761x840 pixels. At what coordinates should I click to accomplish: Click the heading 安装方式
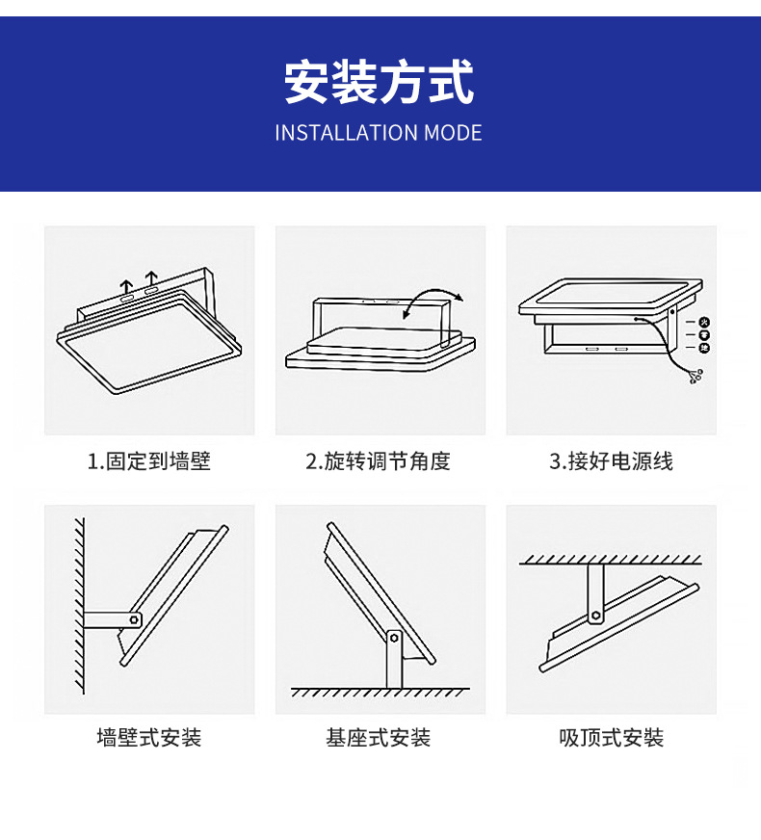click(x=380, y=82)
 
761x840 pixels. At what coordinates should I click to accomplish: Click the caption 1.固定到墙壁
click(x=149, y=461)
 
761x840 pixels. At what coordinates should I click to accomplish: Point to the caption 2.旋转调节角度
click(x=379, y=461)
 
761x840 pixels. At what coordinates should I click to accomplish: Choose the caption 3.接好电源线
click(x=611, y=461)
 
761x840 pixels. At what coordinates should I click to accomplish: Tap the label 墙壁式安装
click(x=149, y=738)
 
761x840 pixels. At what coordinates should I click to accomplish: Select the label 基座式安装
click(x=379, y=738)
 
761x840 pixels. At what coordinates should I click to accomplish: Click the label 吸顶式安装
click(x=611, y=738)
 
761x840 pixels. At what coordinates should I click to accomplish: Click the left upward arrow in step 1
click(x=127, y=287)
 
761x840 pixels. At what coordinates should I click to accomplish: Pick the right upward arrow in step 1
click(x=151, y=282)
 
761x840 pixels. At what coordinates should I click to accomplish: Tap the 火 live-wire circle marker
click(x=704, y=322)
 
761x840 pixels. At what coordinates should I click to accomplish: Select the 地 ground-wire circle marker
click(x=704, y=347)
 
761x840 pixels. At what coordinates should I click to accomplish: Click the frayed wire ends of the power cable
click(x=696, y=377)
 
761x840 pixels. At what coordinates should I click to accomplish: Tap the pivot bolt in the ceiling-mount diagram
click(x=597, y=614)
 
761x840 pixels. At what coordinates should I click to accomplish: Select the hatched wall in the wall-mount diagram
click(x=80, y=607)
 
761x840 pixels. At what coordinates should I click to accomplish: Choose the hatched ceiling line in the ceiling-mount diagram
click(x=611, y=559)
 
